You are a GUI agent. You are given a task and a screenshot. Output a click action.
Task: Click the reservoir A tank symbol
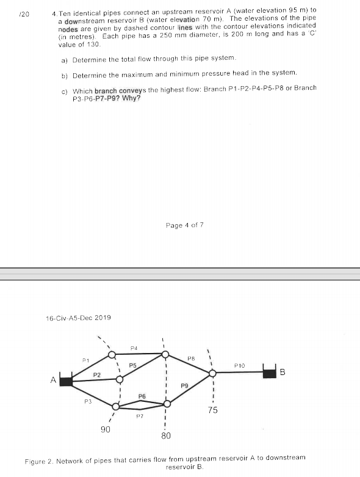[66, 381]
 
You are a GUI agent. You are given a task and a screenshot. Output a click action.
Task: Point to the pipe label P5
[132, 365]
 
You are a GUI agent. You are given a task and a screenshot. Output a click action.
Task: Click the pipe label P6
[142, 396]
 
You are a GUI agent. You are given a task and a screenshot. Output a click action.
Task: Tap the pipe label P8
[190, 358]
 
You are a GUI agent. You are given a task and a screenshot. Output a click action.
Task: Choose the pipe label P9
[184, 385]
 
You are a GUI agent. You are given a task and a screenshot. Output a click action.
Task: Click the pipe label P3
[87, 401]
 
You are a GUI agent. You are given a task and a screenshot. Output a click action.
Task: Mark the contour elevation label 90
[105, 430]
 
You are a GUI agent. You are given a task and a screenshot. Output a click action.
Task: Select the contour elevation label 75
[212, 410]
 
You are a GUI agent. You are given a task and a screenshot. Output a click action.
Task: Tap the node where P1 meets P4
[111, 354]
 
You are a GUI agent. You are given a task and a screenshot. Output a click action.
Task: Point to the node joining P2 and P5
[119, 379]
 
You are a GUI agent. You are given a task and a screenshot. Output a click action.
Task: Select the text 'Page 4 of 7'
[184, 225]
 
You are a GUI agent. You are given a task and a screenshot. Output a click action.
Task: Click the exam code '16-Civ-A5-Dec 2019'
[79, 318]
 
